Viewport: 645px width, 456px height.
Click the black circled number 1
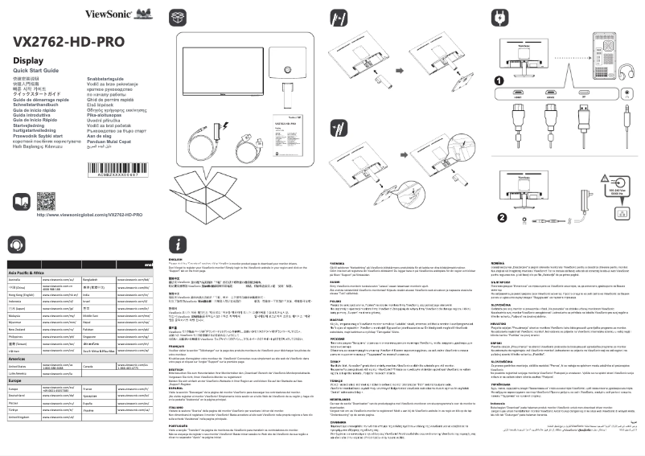pyautogui.click(x=499, y=81)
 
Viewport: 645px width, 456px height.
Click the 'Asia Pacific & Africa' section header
pyautogui.click(x=27, y=273)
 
